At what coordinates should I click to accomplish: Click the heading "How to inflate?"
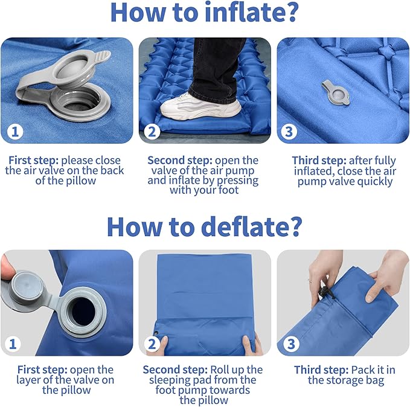(205, 14)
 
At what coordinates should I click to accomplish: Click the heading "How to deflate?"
(205, 226)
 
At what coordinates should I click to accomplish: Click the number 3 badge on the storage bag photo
(290, 344)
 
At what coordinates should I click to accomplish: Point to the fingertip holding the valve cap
(6, 269)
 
